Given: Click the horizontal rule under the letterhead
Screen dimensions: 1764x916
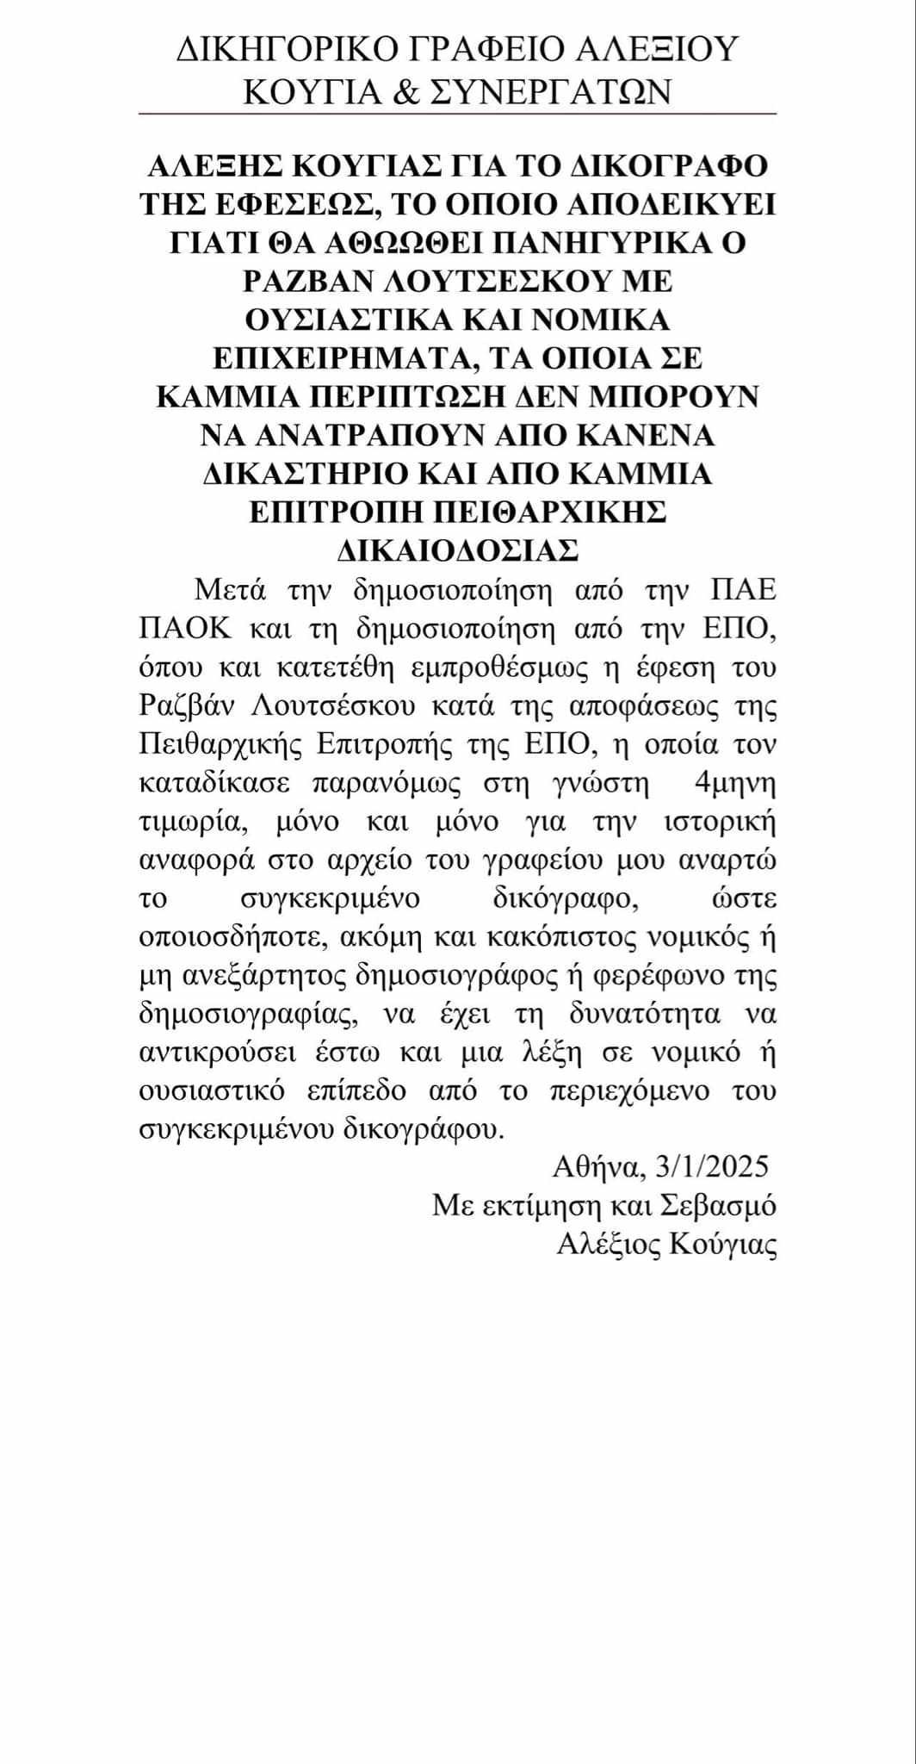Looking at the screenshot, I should (458, 114).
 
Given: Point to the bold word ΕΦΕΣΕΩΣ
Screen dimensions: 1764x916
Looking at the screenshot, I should (286, 205).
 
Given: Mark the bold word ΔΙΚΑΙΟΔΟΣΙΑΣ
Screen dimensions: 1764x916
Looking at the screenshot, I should (457, 550).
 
